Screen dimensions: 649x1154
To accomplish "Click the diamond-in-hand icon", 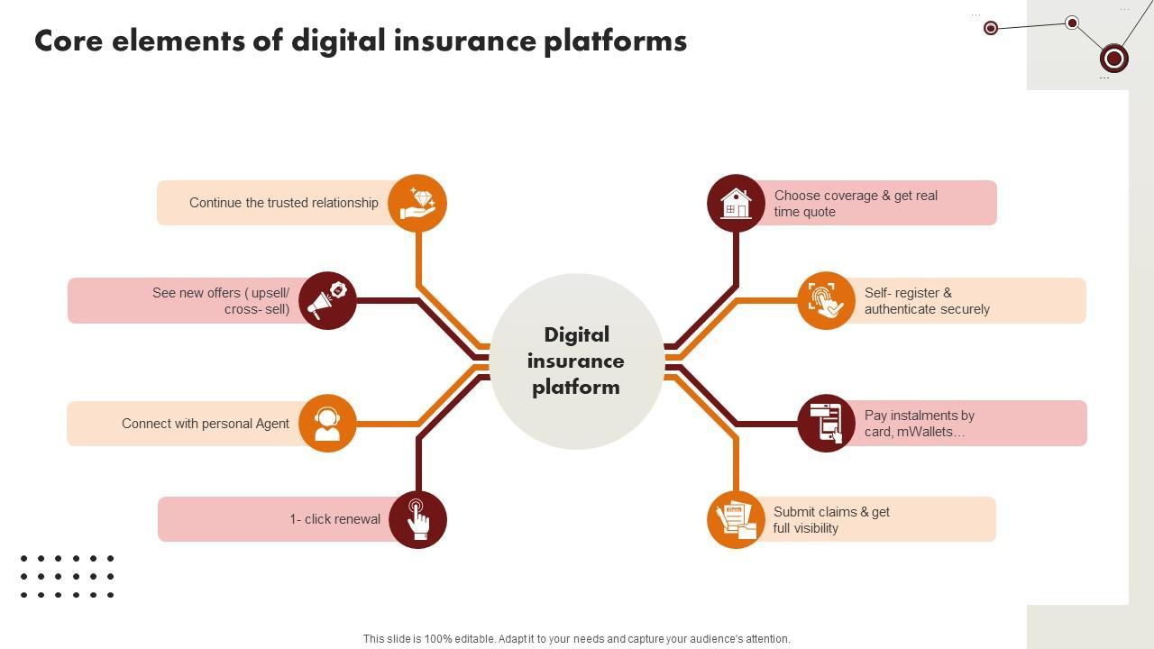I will coord(417,203).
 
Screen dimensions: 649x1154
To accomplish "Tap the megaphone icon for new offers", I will coord(327,300).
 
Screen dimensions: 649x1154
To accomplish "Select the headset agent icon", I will coord(327,423).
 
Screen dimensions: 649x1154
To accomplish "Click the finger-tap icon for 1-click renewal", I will coord(417,519).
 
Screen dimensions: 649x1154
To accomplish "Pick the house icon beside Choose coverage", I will coord(736,203).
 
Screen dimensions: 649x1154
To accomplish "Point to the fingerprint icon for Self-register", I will coord(826,300).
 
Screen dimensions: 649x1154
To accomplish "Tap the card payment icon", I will coord(826,423).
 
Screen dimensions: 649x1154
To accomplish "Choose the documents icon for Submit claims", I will coord(736,519).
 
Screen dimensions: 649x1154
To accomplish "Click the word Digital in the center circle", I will coord(576,335).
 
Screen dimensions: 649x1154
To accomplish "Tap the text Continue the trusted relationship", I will coord(283,203).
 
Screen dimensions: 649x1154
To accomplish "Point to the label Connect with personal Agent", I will coord(206,424).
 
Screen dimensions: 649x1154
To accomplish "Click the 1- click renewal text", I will coord(334,519).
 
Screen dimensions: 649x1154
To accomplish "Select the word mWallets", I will coord(930,432).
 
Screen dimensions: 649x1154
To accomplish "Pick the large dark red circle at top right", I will coord(1114,59).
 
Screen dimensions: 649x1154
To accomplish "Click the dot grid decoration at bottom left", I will coord(67,577).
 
